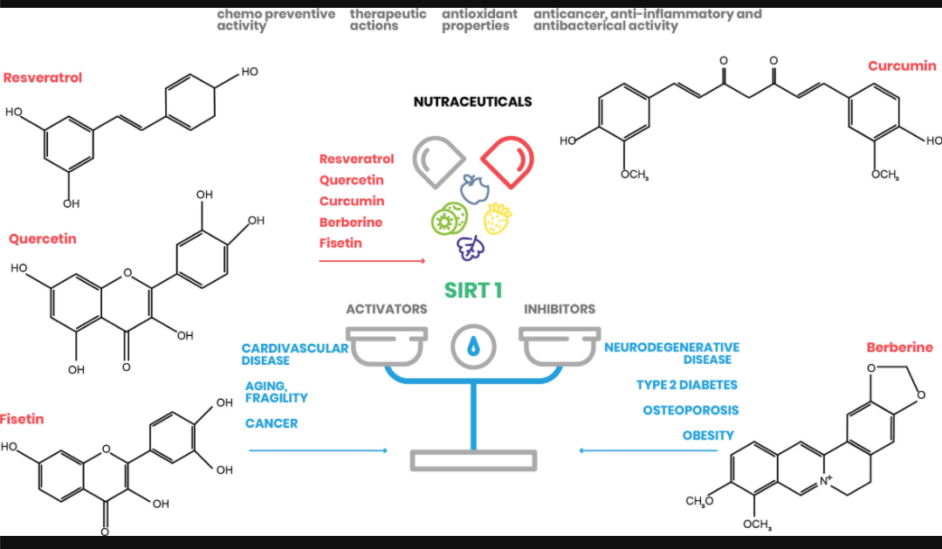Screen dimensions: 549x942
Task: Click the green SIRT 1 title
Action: click(473, 290)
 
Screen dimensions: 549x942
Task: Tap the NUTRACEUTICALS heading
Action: click(472, 102)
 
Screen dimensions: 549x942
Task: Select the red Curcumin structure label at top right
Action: click(902, 66)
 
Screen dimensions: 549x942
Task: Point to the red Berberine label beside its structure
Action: click(899, 347)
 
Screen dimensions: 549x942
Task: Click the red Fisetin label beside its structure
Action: click(22, 419)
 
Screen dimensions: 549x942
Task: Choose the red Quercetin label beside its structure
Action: click(43, 238)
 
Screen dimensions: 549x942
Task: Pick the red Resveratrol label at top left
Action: click(43, 78)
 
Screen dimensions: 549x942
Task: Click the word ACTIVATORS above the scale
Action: click(387, 309)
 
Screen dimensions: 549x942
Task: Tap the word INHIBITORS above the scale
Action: click(560, 309)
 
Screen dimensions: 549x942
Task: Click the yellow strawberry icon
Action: click(498, 218)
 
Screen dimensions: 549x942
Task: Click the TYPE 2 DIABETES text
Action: click(686, 385)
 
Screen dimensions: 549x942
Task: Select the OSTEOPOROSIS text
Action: click(691, 410)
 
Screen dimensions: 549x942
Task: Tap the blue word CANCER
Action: click(272, 423)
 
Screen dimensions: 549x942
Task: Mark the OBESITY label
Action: click(708, 436)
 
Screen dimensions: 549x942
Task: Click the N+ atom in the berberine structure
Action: click(826, 477)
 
